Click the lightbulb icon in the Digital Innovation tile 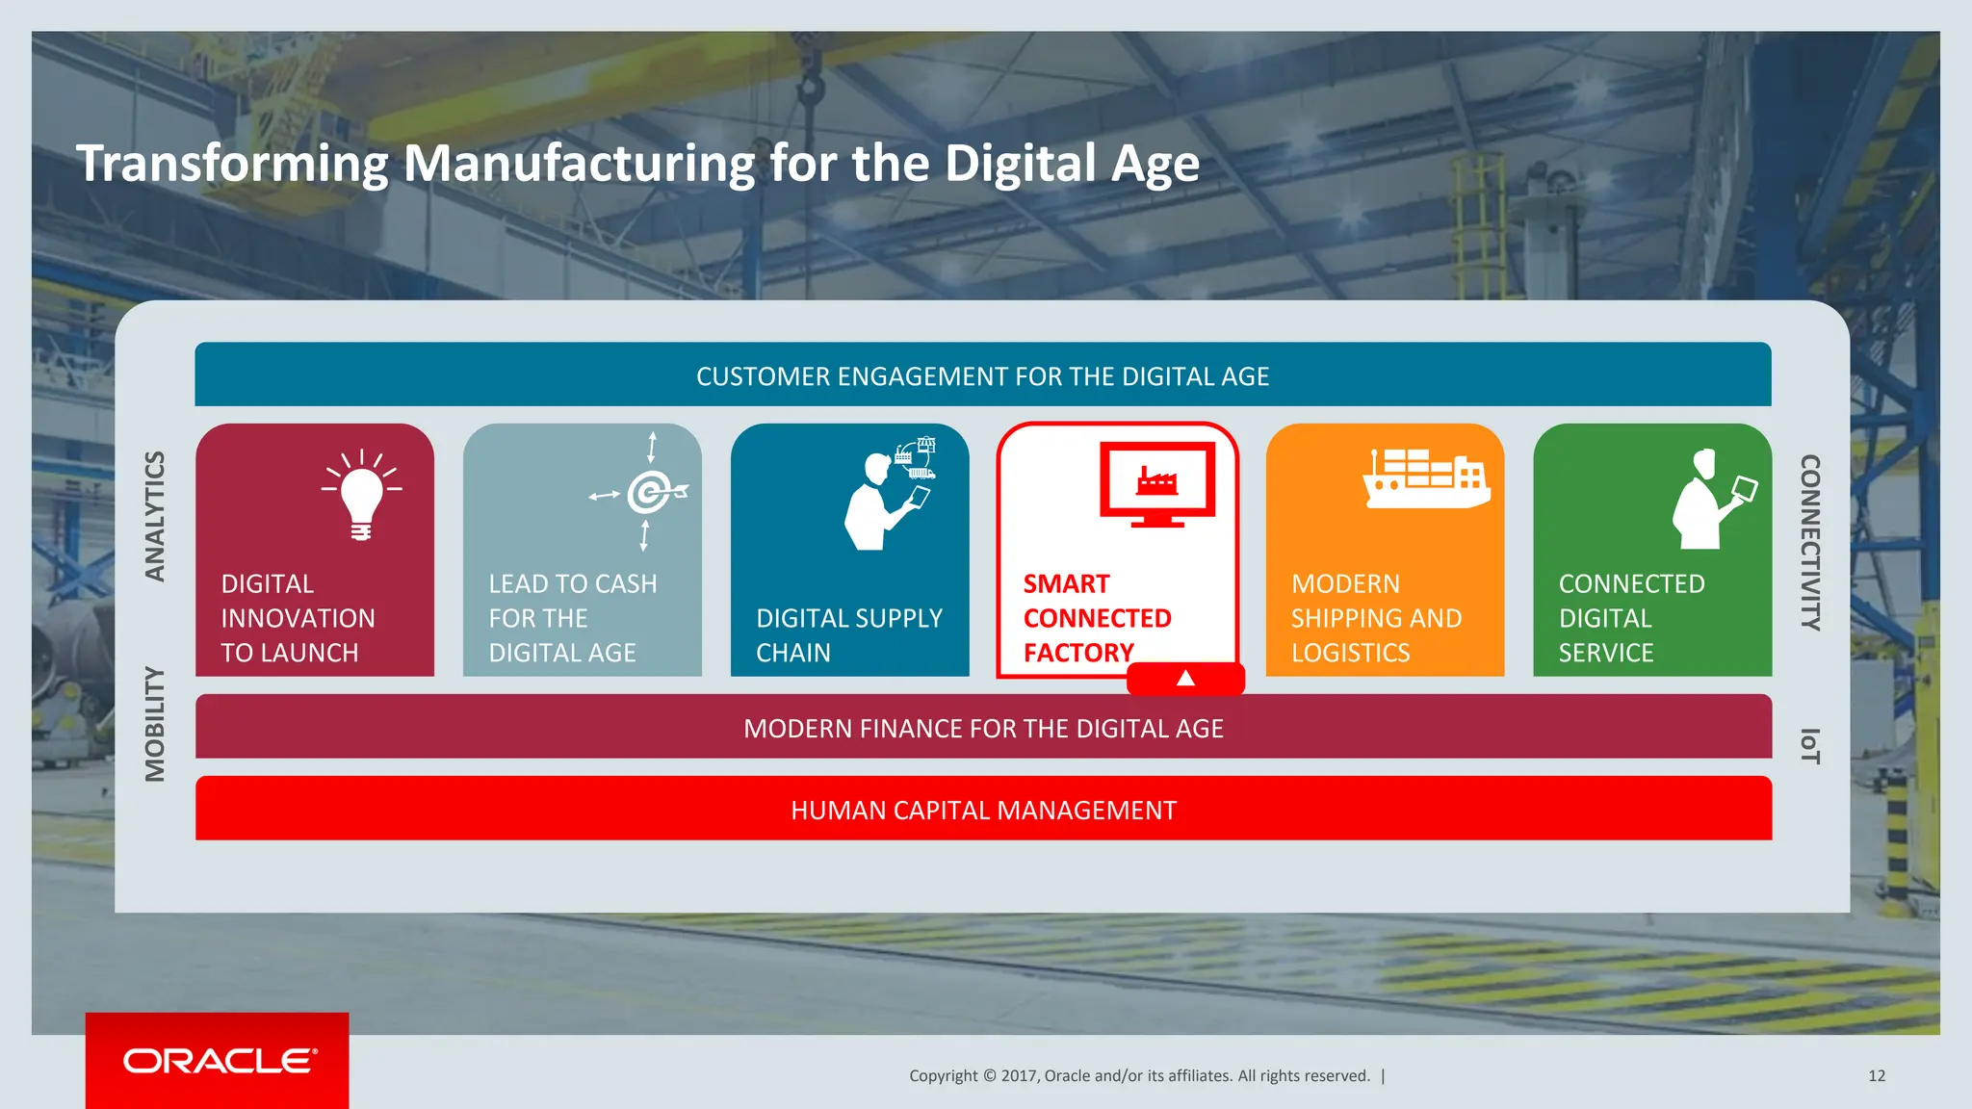pyautogui.click(x=361, y=496)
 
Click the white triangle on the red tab pyautogui.click(x=1185, y=679)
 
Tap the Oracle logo pyautogui.click(x=219, y=1061)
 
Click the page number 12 pyautogui.click(x=1876, y=1076)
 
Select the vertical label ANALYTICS pyautogui.click(x=155, y=516)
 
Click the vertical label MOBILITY pyautogui.click(x=155, y=724)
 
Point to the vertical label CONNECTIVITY pyautogui.click(x=1810, y=542)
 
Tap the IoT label pyautogui.click(x=1810, y=746)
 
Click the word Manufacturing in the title pyautogui.click(x=579, y=163)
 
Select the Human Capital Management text pyautogui.click(x=983, y=811)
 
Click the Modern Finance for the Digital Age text pyautogui.click(x=983, y=729)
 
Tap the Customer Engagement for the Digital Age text pyautogui.click(x=982, y=376)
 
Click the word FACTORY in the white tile pyautogui.click(x=1078, y=653)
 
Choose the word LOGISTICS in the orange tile pyautogui.click(x=1350, y=653)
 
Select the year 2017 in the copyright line pyautogui.click(x=1017, y=1076)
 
